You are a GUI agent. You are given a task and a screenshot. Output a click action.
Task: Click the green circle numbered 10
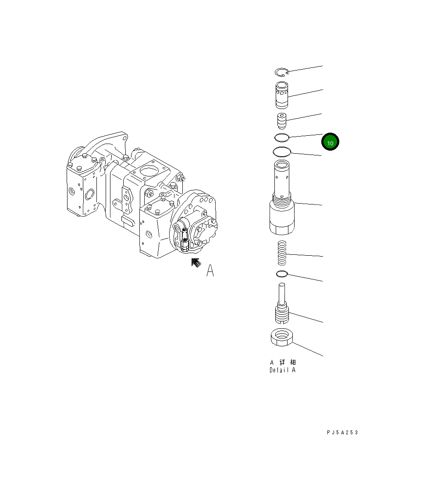(x=330, y=143)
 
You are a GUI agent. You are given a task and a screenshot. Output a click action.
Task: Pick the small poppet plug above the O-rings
(x=281, y=120)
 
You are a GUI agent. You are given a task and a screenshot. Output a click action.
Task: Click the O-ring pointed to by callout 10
(x=281, y=138)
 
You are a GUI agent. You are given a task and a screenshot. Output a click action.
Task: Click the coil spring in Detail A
(x=282, y=254)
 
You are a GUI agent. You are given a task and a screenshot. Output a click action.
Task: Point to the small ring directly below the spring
(x=282, y=274)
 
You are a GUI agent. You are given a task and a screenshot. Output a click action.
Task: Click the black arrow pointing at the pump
(x=196, y=263)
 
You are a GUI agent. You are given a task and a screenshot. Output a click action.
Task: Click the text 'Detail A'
(x=282, y=370)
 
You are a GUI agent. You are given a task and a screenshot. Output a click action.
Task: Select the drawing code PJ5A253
(x=342, y=433)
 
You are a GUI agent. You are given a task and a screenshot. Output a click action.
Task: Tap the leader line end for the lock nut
(x=323, y=356)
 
